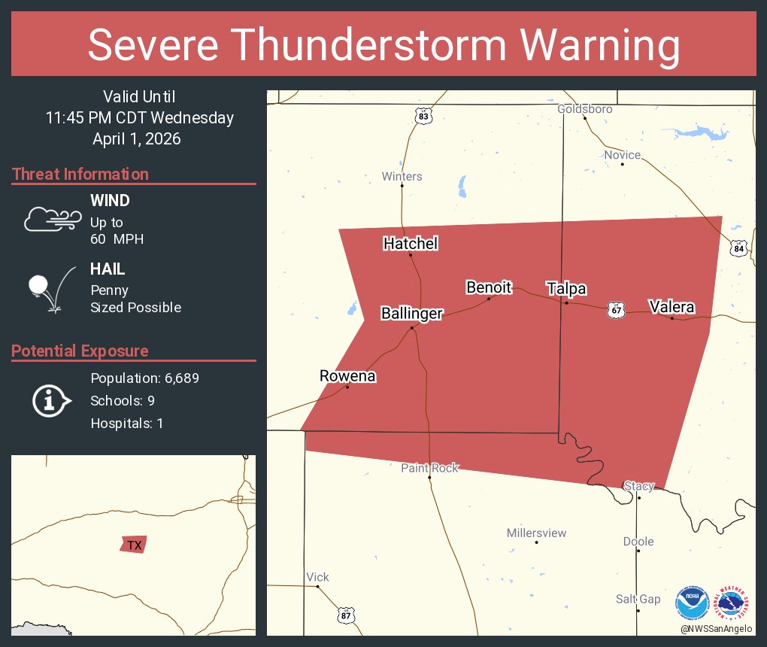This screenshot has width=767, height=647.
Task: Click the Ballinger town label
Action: pyautogui.click(x=411, y=314)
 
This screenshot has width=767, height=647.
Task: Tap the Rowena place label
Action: pyautogui.click(x=347, y=376)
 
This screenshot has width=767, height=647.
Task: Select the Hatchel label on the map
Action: pyautogui.click(x=411, y=244)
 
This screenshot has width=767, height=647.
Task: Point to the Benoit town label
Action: pyautogui.click(x=489, y=287)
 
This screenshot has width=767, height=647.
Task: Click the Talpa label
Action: pyautogui.click(x=566, y=289)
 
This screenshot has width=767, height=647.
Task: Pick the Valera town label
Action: pyautogui.click(x=672, y=307)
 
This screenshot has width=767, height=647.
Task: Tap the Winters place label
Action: pyautogui.click(x=402, y=177)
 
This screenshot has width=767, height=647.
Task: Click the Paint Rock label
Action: pyautogui.click(x=429, y=468)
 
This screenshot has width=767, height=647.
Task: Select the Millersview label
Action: pyautogui.click(x=536, y=533)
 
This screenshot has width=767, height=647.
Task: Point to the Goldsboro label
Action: pyautogui.click(x=584, y=109)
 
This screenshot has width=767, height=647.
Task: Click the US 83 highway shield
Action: pyautogui.click(x=424, y=116)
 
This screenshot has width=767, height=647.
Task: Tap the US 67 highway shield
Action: pyautogui.click(x=617, y=310)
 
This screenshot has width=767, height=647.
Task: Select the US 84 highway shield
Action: pyautogui.click(x=738, y=249)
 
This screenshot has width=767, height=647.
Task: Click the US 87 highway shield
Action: pyautogui.click(x=346, y=615)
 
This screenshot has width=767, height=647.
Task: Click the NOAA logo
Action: pyautogui.click(x=692, y=603)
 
